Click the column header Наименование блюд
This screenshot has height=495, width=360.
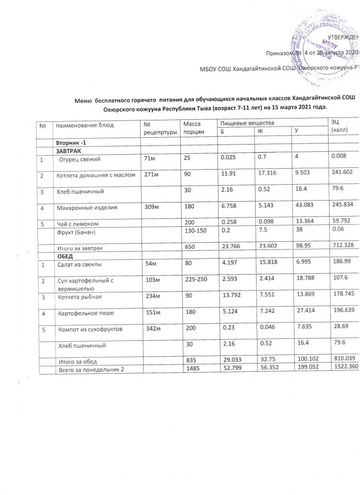click(85, 125)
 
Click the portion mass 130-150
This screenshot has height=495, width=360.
click(192, 231)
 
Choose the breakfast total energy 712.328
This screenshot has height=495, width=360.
click(341, 247)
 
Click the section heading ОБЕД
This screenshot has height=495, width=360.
click(66, 255)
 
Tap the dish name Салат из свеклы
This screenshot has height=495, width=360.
click(80, 264)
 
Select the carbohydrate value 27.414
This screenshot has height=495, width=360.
click(302, 312)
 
